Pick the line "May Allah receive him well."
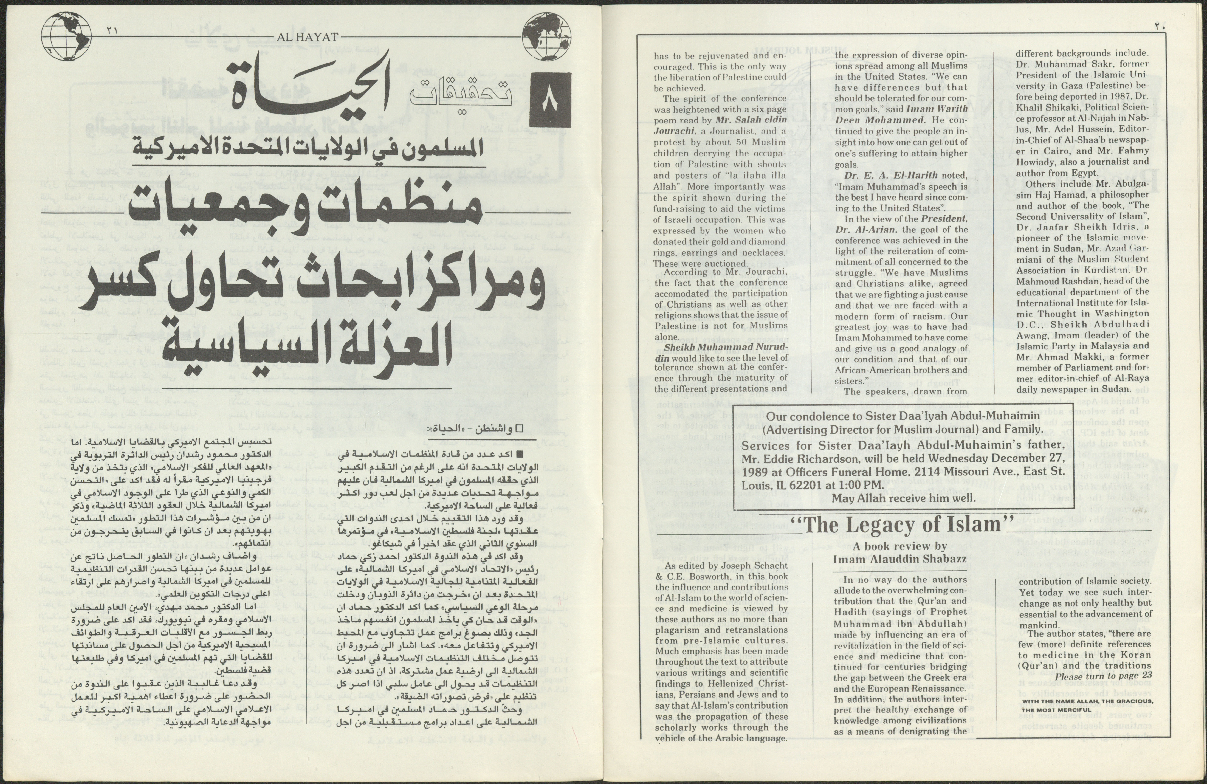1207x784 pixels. [x=903, y=497]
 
